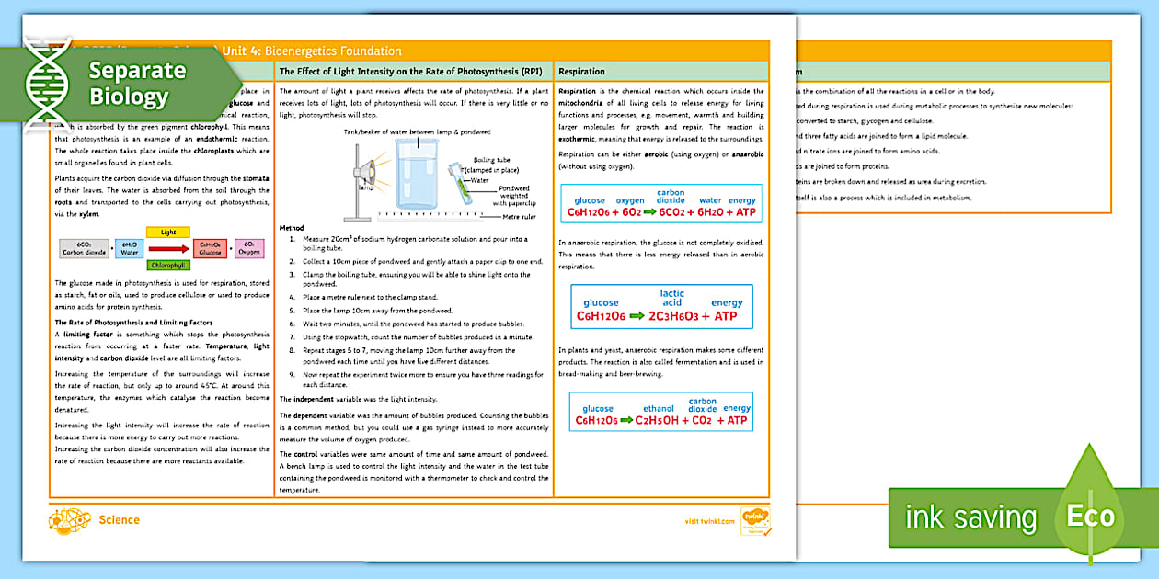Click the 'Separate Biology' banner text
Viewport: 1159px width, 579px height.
(136, 84)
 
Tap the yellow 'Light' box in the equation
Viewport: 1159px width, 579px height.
(167, 233)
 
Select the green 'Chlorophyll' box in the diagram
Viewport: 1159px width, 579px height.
(167, 265)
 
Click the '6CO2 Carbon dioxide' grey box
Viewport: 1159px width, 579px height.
(84, 248)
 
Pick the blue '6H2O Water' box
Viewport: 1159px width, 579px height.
(129, 248)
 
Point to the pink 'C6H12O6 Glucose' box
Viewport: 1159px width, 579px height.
(210, 248)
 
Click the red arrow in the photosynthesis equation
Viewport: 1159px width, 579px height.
(168, 248)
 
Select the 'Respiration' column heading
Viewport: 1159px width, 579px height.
(581, 71)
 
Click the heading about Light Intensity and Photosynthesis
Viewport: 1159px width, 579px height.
(410, 71)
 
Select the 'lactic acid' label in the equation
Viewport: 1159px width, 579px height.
(671, 298)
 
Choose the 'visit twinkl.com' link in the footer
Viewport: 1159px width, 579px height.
(709, 521)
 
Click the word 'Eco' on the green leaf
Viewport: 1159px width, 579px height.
(1090, 517)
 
